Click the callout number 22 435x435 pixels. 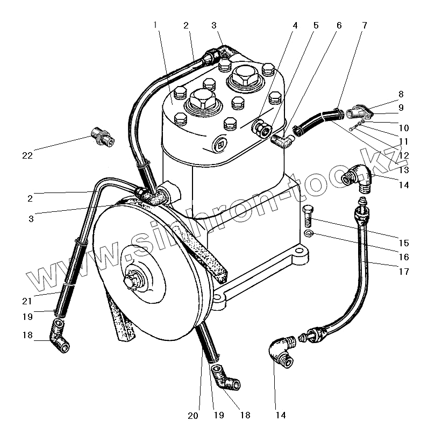click(27, 156)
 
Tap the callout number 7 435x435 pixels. click(365, 25)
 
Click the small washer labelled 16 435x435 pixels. click(308, 233)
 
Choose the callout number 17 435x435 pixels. click(404, 272)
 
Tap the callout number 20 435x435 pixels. click(194, 416)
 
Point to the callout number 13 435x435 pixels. click(404, 170)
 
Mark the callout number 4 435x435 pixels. click(295, 25)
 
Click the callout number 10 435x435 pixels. click(404, 128)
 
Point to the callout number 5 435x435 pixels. click(316, 25)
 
